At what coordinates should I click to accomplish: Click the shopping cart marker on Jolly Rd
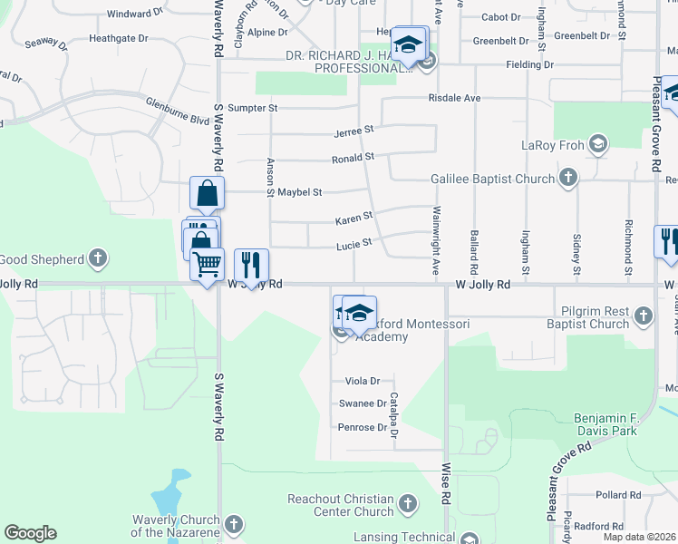click(x=208, y=265)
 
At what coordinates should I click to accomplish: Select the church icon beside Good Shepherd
click(x=99, y=260)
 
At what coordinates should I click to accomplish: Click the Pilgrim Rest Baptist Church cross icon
click(x=643, y=316)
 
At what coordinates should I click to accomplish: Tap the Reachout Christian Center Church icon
click(x=407, y=502)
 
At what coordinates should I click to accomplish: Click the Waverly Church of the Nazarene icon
click(x=234, y=524)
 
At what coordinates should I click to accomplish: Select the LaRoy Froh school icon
click(x=597, y=143)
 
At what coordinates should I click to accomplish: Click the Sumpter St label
click(x=252, y=108)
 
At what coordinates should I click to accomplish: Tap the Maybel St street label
click(x=300, y=192)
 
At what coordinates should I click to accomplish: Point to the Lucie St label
click(x=354, y=243)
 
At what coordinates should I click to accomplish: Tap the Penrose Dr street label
click(x=363, y=426)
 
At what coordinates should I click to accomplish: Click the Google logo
click(x=30, y=533)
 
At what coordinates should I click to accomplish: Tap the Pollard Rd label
click(x=618, y=495)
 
